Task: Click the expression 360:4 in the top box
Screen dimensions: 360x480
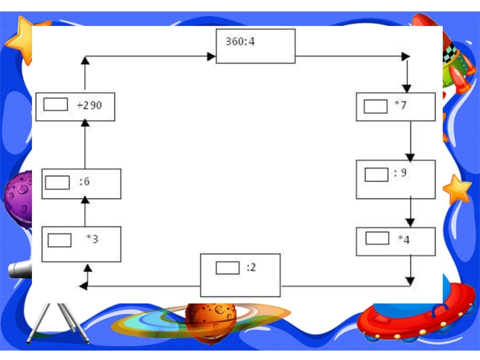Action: [x=240, y=43]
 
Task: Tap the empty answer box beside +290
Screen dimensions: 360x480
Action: [x=55, y=105]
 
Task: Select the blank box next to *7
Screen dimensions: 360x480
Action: [x=376, y=106]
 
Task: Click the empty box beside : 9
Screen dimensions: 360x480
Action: [x=376, y=175]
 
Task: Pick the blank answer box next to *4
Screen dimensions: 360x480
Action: [x=377, y=238]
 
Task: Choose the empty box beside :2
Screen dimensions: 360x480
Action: [x=227, y=268]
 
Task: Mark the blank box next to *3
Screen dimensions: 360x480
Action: [x=59, y=240]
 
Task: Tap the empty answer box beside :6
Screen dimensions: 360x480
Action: [x=58, y=182]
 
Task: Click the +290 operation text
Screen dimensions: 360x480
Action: [x=89, y=106]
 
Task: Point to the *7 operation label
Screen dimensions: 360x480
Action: [x=400, y=106]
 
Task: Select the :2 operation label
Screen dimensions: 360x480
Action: [x=251, y=268]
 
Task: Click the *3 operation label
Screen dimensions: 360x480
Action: [x=92, y=239]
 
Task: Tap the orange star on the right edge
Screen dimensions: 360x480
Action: [x=457, y=190]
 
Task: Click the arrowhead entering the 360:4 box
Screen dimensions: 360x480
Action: [x=211, y=57]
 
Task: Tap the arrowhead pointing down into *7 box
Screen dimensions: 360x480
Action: [x=407, y=88]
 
